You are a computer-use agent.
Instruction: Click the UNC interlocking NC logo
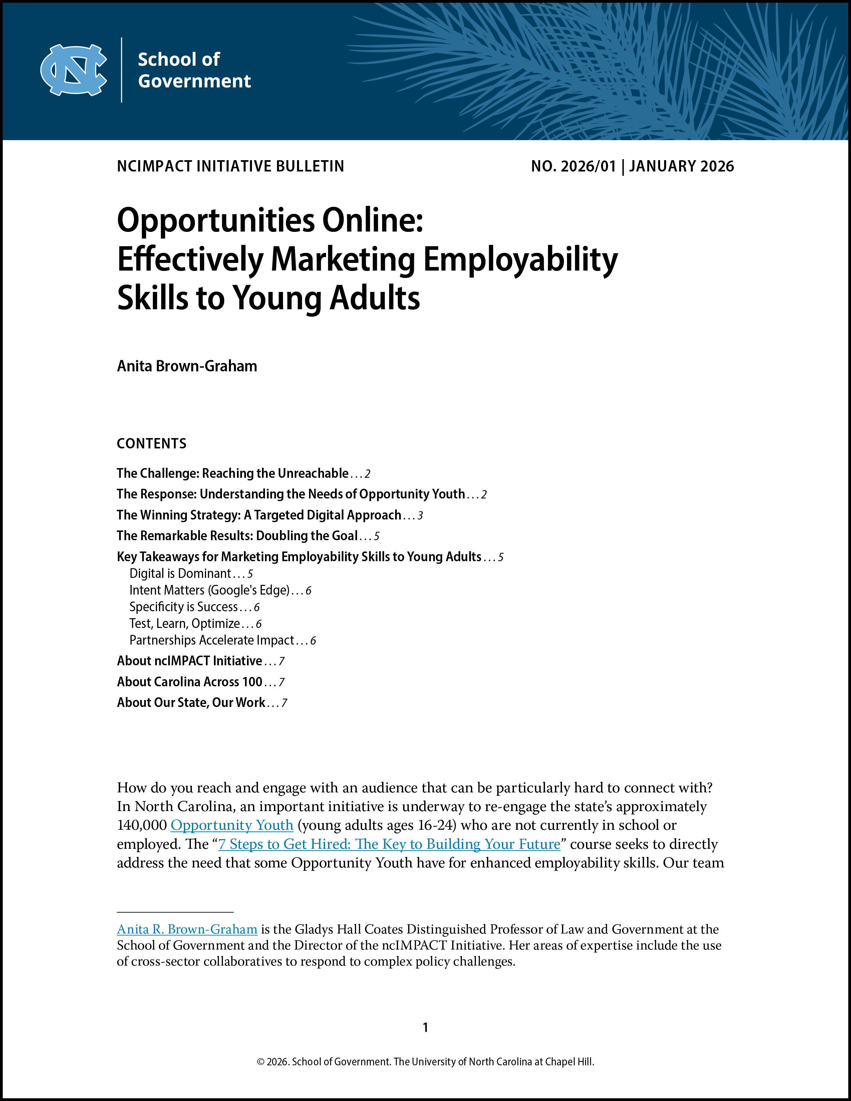[74, 70]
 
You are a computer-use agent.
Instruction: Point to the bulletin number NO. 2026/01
[573, 166]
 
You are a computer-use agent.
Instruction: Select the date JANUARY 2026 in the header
[681, 166]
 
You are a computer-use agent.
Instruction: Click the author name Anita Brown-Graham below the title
[187, 366]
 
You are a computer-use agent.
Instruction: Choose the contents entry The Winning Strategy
[259, 515]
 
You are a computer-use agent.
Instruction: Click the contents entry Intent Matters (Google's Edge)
[209, 590]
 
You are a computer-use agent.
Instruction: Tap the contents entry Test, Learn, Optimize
[185, 624]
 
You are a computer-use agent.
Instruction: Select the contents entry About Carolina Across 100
[190, 682]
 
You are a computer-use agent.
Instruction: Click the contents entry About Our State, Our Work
[191, 703]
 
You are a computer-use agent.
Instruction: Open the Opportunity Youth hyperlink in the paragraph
[232, 825]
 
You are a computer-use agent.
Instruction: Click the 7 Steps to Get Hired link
[389, 844]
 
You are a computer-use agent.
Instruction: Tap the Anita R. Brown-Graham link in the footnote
[187, 929]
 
